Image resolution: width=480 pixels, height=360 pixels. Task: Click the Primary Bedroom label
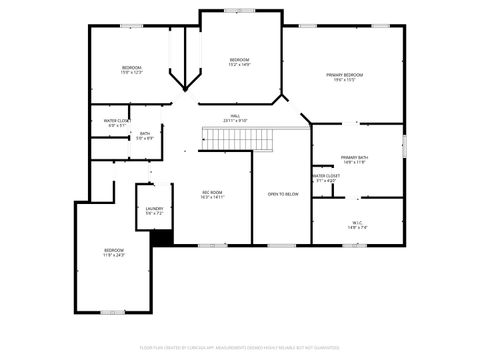point(344,77)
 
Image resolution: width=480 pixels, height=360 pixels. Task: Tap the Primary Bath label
point(354,159)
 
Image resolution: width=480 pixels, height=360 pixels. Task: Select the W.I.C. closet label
point(357,224)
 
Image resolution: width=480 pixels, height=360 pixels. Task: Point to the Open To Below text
point(282,194)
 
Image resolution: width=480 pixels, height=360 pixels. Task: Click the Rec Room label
point(212,194)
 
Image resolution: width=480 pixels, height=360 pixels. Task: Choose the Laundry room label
point(153,210)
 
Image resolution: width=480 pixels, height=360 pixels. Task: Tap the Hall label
point(235,118)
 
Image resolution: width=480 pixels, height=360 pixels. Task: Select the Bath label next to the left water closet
point(145,135)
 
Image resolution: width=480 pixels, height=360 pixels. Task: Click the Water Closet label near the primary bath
point(326,177)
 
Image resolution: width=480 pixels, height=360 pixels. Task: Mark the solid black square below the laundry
point(161,237)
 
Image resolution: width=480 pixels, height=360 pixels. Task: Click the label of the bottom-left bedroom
point(114,252)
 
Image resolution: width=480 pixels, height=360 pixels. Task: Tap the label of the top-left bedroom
point(132,70)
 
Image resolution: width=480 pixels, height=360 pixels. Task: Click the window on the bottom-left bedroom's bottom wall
point(113,312)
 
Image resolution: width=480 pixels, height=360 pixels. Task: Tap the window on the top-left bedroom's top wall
point(131,26)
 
